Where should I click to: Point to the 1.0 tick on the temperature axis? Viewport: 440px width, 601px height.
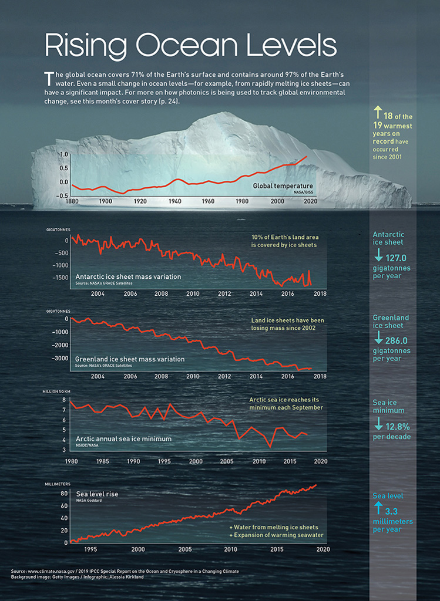point(64,154)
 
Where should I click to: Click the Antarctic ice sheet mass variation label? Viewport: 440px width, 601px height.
point(128,276)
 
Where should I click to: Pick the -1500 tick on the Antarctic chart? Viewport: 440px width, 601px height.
point(58,278)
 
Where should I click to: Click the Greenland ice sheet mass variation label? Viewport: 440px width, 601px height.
point(129,359)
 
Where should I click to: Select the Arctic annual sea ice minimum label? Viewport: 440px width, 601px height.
point(123,438)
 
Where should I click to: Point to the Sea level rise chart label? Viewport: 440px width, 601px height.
point(97,494)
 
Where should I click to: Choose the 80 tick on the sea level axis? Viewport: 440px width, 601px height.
point(64,494)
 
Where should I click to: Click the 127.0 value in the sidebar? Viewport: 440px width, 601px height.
point(397,257)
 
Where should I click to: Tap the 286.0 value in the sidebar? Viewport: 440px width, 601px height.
point(397,340)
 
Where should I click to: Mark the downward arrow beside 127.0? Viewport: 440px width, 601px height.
point(378,256)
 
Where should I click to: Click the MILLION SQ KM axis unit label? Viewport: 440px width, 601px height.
point(58,391)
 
